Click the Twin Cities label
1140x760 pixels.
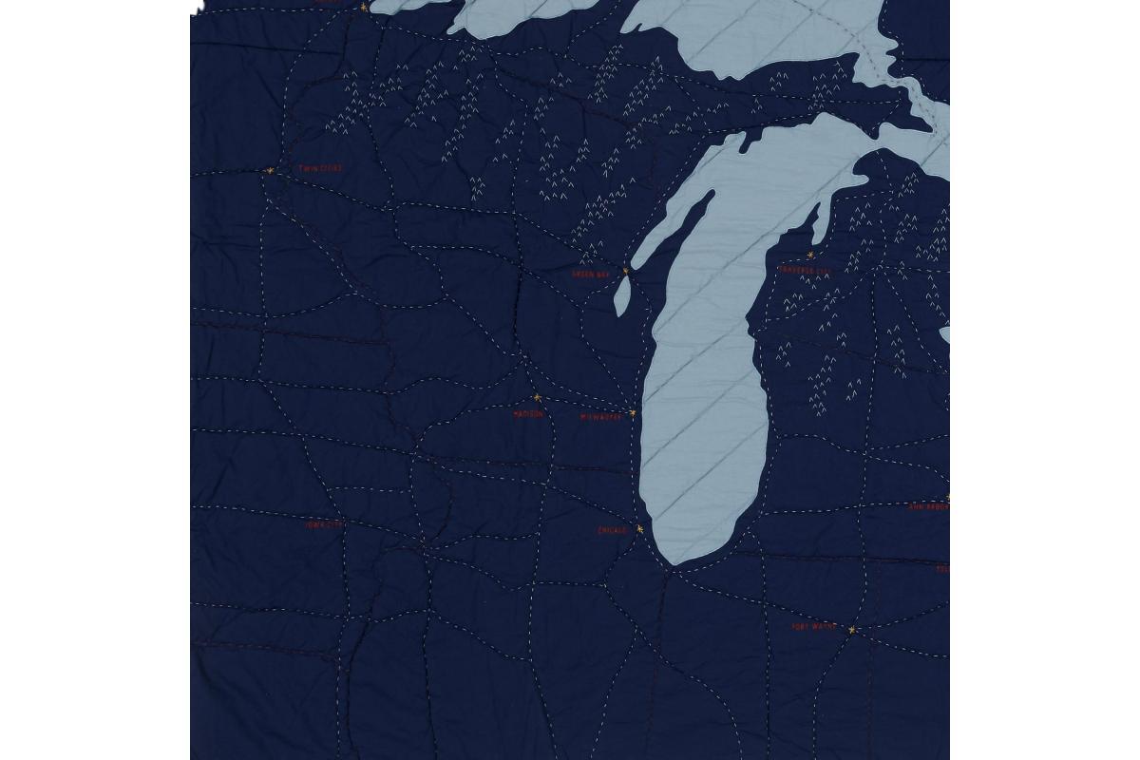[x=320, y=168]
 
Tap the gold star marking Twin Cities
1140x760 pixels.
[x=270, y=171]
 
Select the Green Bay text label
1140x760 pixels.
[x=589, y=274]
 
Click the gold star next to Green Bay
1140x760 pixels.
[x=625, y=271]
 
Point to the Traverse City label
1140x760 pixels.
[x=805, y=270]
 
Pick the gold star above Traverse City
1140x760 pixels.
[x=810, y=255]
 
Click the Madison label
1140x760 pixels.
[x=528, y=414]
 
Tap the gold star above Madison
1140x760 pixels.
[x=537, y=398]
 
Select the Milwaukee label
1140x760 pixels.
[x=600, y=417]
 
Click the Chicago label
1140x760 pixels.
[x=613, y=531]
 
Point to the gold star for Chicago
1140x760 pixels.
[x=639, y=529]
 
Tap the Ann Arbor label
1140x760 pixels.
[x=928, y=507]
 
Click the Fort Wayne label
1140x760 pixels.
[x=812, y=627]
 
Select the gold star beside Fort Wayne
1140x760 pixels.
[x=852, y=629]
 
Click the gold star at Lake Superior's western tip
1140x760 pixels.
[x=363, y=7]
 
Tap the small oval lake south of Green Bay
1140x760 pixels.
[x=621, y=300]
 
